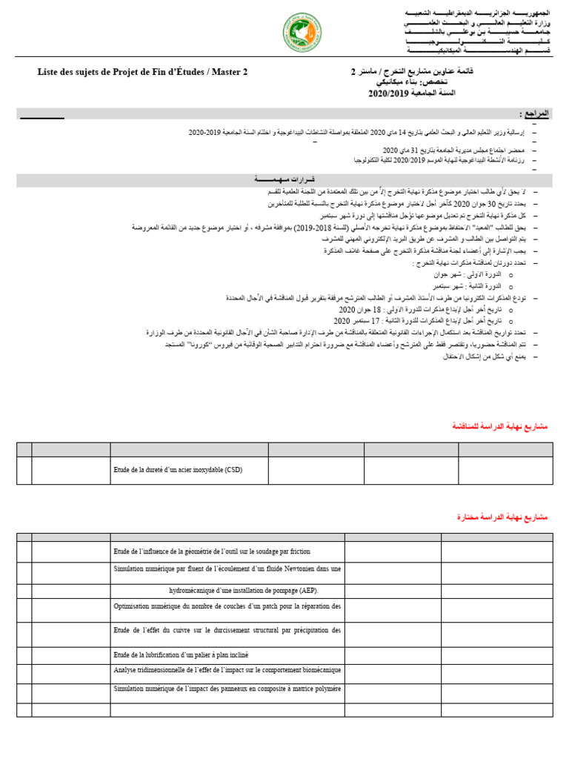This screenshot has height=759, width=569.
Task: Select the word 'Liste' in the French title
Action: point(50,72)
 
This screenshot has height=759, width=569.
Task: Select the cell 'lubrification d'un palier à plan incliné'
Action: point(181,654)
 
